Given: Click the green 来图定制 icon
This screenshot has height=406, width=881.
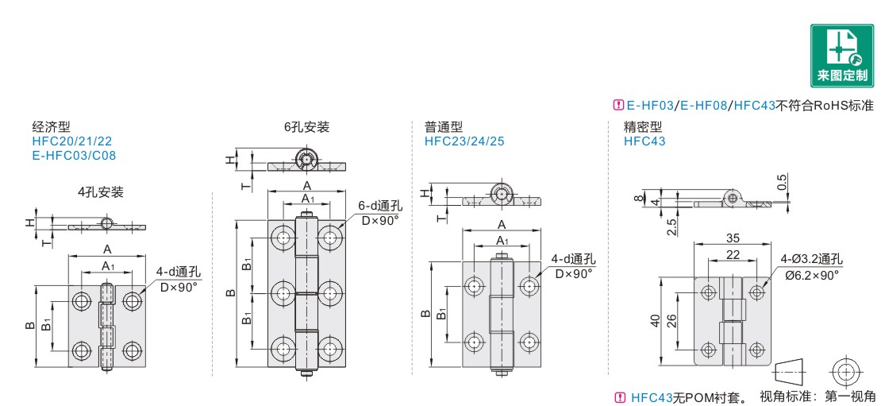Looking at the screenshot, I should click(841, 56).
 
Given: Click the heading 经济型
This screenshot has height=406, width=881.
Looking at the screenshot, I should click(52, 127).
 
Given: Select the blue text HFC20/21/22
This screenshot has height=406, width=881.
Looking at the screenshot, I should click(72, 141).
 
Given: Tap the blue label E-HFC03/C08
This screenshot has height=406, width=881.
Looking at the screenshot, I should click(74, 155).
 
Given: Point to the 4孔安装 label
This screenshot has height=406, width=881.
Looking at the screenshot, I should click(100, 192).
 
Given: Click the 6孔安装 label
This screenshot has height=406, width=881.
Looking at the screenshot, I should click(306, 127).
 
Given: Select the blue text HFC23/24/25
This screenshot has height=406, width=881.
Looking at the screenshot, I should click(464, 141).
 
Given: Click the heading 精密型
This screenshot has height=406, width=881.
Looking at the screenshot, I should click(643, 127).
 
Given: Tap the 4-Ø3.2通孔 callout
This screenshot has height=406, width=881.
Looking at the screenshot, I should click(810, 259).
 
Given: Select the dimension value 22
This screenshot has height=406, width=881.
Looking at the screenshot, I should click(733, 254).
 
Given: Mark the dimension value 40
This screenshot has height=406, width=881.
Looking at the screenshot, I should click(656, 320).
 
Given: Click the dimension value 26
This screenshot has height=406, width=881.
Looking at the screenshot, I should click(672, 320).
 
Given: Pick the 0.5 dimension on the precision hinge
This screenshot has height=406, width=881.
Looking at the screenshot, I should click(783, 182).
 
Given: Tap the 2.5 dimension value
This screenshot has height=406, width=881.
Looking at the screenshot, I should click(672, 226).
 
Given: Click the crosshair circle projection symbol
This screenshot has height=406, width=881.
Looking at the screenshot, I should click(844, 370).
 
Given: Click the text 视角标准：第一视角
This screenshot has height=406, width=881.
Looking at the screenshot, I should click(818, 396).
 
